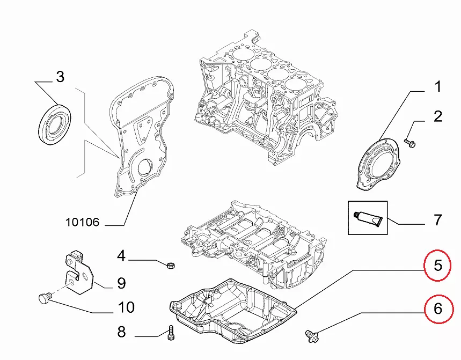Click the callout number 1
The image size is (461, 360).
point(438,87)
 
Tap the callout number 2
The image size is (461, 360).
point(438,116)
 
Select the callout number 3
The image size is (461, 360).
point(60,77)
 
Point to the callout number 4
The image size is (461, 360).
point(122,256)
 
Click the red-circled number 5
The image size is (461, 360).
point(438,265)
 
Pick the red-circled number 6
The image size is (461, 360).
point(438,308)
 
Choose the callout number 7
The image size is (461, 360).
point(438,219)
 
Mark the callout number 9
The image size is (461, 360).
point(121,283)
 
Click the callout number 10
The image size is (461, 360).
point(126,307)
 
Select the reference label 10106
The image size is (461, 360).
point(83,222)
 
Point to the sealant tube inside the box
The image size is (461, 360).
point(368,217)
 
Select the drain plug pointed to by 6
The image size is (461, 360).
point(312,335)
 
